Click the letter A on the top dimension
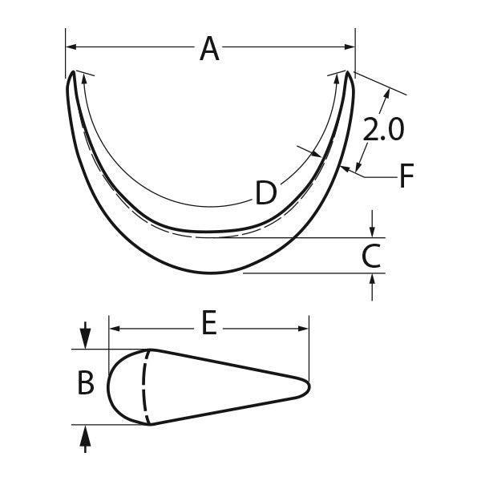tap(209, 49)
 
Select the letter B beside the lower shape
tap(86, 384)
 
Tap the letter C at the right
tap(370, 257)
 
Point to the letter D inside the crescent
tap(266, 192)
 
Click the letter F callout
tap(407, 176)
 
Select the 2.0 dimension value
tap(382, 130)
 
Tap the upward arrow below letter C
tap(372, 281)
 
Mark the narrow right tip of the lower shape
tap(308, 386)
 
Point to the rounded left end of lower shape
tap(110, 386)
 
